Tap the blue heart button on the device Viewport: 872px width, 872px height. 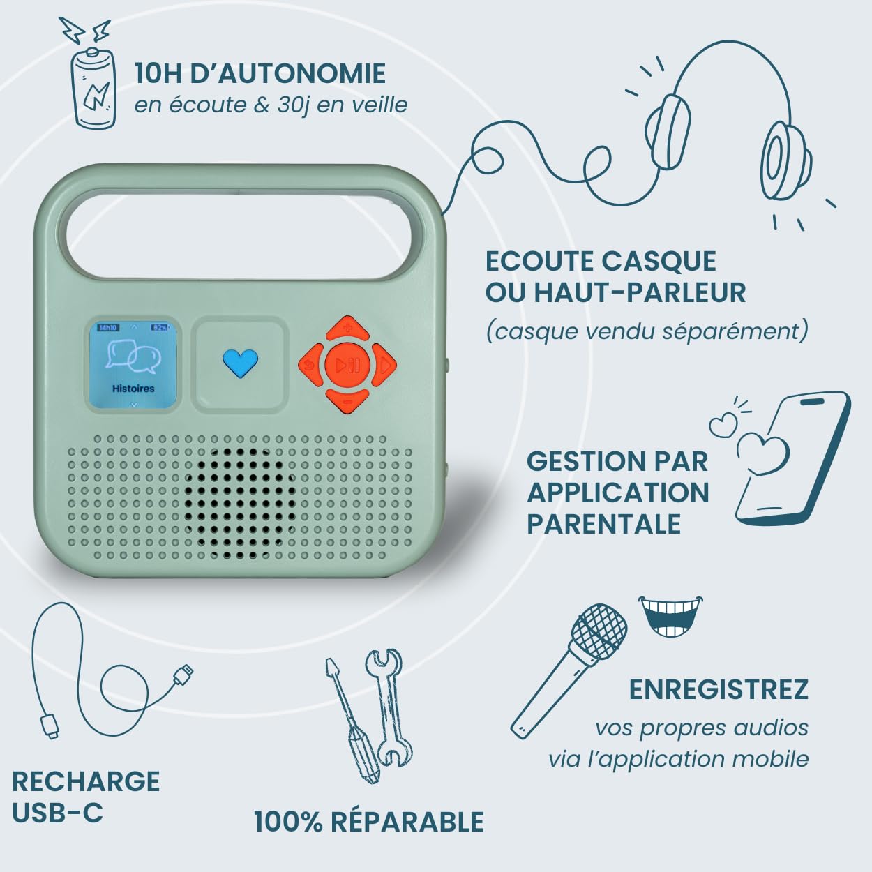click(x=240, y=363)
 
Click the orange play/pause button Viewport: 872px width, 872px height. click(x=347, y=365)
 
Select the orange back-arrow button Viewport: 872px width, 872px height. click(x=311, y=365)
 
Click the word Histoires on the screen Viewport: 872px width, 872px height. click(x=133, y=389)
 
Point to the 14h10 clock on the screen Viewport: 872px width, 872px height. click(x=107, y=328)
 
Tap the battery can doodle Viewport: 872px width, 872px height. click(x=93, y=87)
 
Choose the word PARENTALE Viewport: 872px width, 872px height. click(x=603, y=524)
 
